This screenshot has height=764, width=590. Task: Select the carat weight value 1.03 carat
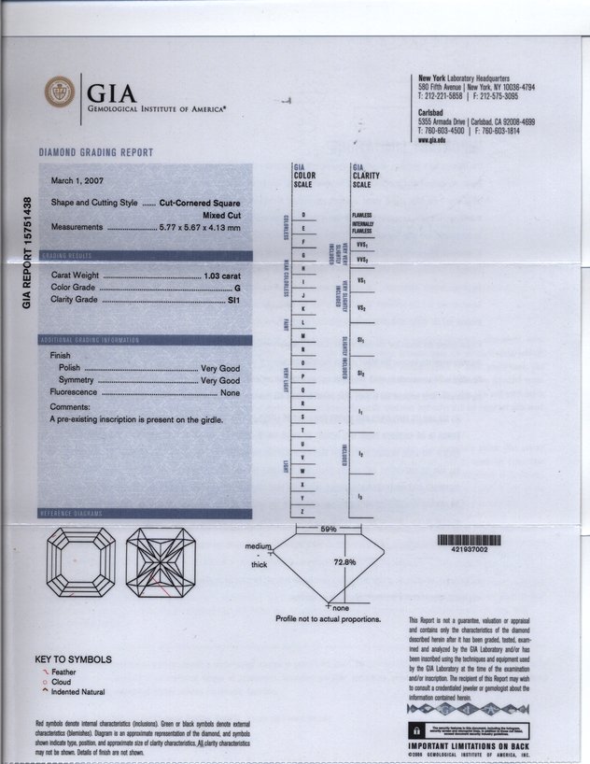tap(222, 277)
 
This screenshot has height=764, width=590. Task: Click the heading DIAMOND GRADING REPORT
tap(96, 152)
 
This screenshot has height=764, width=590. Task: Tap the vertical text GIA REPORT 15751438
tap(28, 253)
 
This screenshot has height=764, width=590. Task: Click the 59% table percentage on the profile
tap(328, 529)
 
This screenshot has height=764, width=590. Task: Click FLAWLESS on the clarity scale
tap(362, 215)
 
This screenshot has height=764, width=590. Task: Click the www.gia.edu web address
tap(431, 139)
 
